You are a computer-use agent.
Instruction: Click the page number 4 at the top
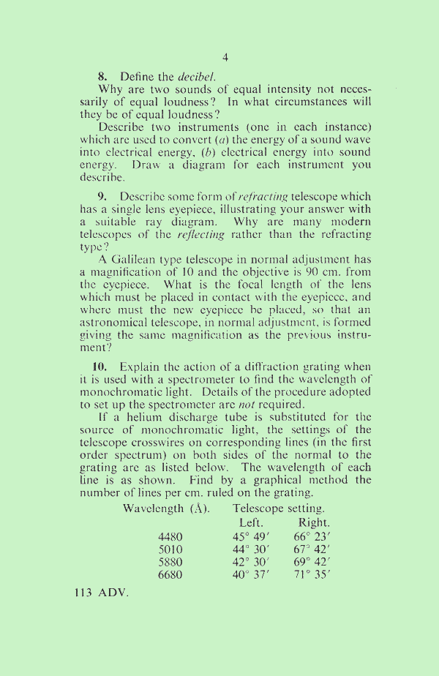point(225,57)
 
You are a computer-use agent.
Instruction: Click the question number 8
point(102,75)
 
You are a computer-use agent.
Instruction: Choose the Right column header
point(314,523)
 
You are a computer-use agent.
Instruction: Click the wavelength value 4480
point(170,537)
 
